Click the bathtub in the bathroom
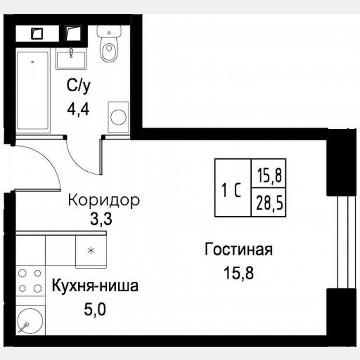click(x=33, y=90)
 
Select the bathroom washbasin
click(x=72, y=59)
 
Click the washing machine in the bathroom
click(x=118, y=117)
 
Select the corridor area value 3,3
click(x=101, y=219)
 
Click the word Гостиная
click(x=239, y=250)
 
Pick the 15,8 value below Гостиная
click(x=239, y=273)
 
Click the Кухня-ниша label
click(x=95, y=287)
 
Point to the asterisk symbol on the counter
click(x=91, y=250)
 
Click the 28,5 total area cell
click(x=269, y=205)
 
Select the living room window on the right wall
click(x=344, y=242)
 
